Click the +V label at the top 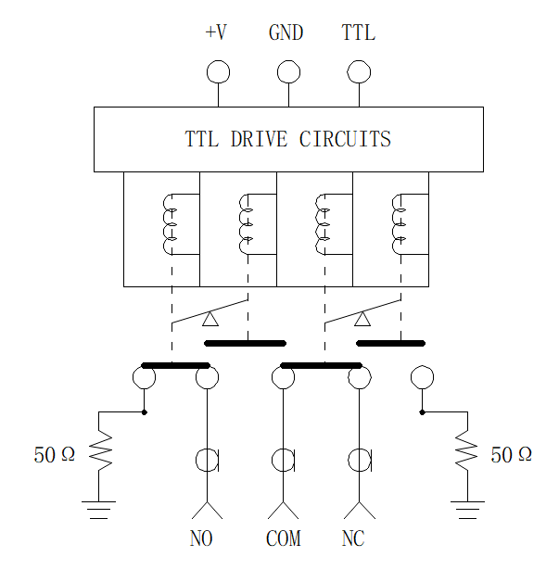click(x=216, y=32)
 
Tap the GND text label click(x=286, y=32)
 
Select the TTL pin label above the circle click(x=358, y=32)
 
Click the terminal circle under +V click(x=218, y=71)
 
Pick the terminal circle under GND click(x=289, y=71)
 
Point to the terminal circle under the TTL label click(x=359, y=71)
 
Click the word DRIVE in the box click(x=259, y=139)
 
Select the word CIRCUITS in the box click(x=345, y=139)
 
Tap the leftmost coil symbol click(x=163, y=224)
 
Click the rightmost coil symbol click(x=392, y=224)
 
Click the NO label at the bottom click(x=201, y=538)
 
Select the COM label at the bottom click(x=284, y=538)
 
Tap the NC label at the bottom click(x=353, y=538)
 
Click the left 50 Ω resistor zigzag click(x=99, y=450)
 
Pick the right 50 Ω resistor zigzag click(x=467, y=450)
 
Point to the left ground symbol click(x=99, y=510)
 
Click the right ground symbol click(x=467, y=510)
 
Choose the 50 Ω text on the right click(x=511, y=454)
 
